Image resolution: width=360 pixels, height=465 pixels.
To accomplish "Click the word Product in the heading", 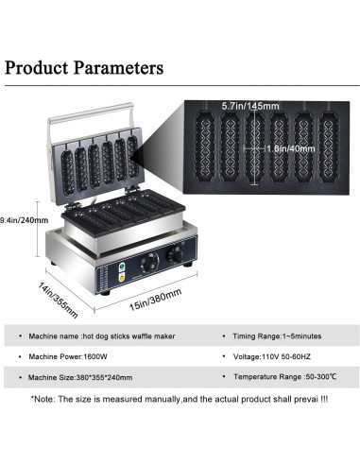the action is click(x=36, y=67).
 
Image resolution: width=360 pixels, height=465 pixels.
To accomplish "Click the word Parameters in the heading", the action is click(x=118, y=67).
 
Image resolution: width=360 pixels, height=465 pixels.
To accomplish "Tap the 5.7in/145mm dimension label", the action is click(x=250, y=106).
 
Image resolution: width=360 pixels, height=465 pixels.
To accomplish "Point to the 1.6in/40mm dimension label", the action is click(x=291, y=148).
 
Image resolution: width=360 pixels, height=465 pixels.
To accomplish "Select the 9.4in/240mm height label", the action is click(x=24, y=220).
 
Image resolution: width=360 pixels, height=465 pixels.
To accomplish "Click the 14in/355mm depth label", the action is click(x=58, y=300).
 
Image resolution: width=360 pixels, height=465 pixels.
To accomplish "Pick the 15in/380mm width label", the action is click(x=155, y=300).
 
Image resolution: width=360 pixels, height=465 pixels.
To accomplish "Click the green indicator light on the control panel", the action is click(x=122, y=267).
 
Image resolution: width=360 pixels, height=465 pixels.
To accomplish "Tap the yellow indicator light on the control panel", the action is click(x=122, y=277).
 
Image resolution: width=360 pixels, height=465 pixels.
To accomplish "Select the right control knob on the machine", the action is click(x=176, y=254).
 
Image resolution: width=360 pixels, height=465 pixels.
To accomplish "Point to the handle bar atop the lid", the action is click(x=91, y=113).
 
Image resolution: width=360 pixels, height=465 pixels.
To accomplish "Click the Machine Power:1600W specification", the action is click(x=68, y=356).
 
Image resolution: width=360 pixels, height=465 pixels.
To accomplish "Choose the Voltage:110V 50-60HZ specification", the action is click(x=272, y=356).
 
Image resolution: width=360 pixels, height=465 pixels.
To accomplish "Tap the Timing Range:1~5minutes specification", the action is click(x=277, y=336).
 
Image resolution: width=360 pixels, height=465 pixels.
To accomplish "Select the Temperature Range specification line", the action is click(x=284, y=377).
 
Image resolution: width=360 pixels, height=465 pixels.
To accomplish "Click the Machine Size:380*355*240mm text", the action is click(x=80, y=377).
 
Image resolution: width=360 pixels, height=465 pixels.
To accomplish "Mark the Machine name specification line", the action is click(x=102, y=336).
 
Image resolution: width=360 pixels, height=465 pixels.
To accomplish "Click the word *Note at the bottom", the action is click(x=43, y=400).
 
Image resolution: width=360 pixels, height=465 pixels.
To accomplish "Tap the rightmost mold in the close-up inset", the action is click(x=329, y=146).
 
